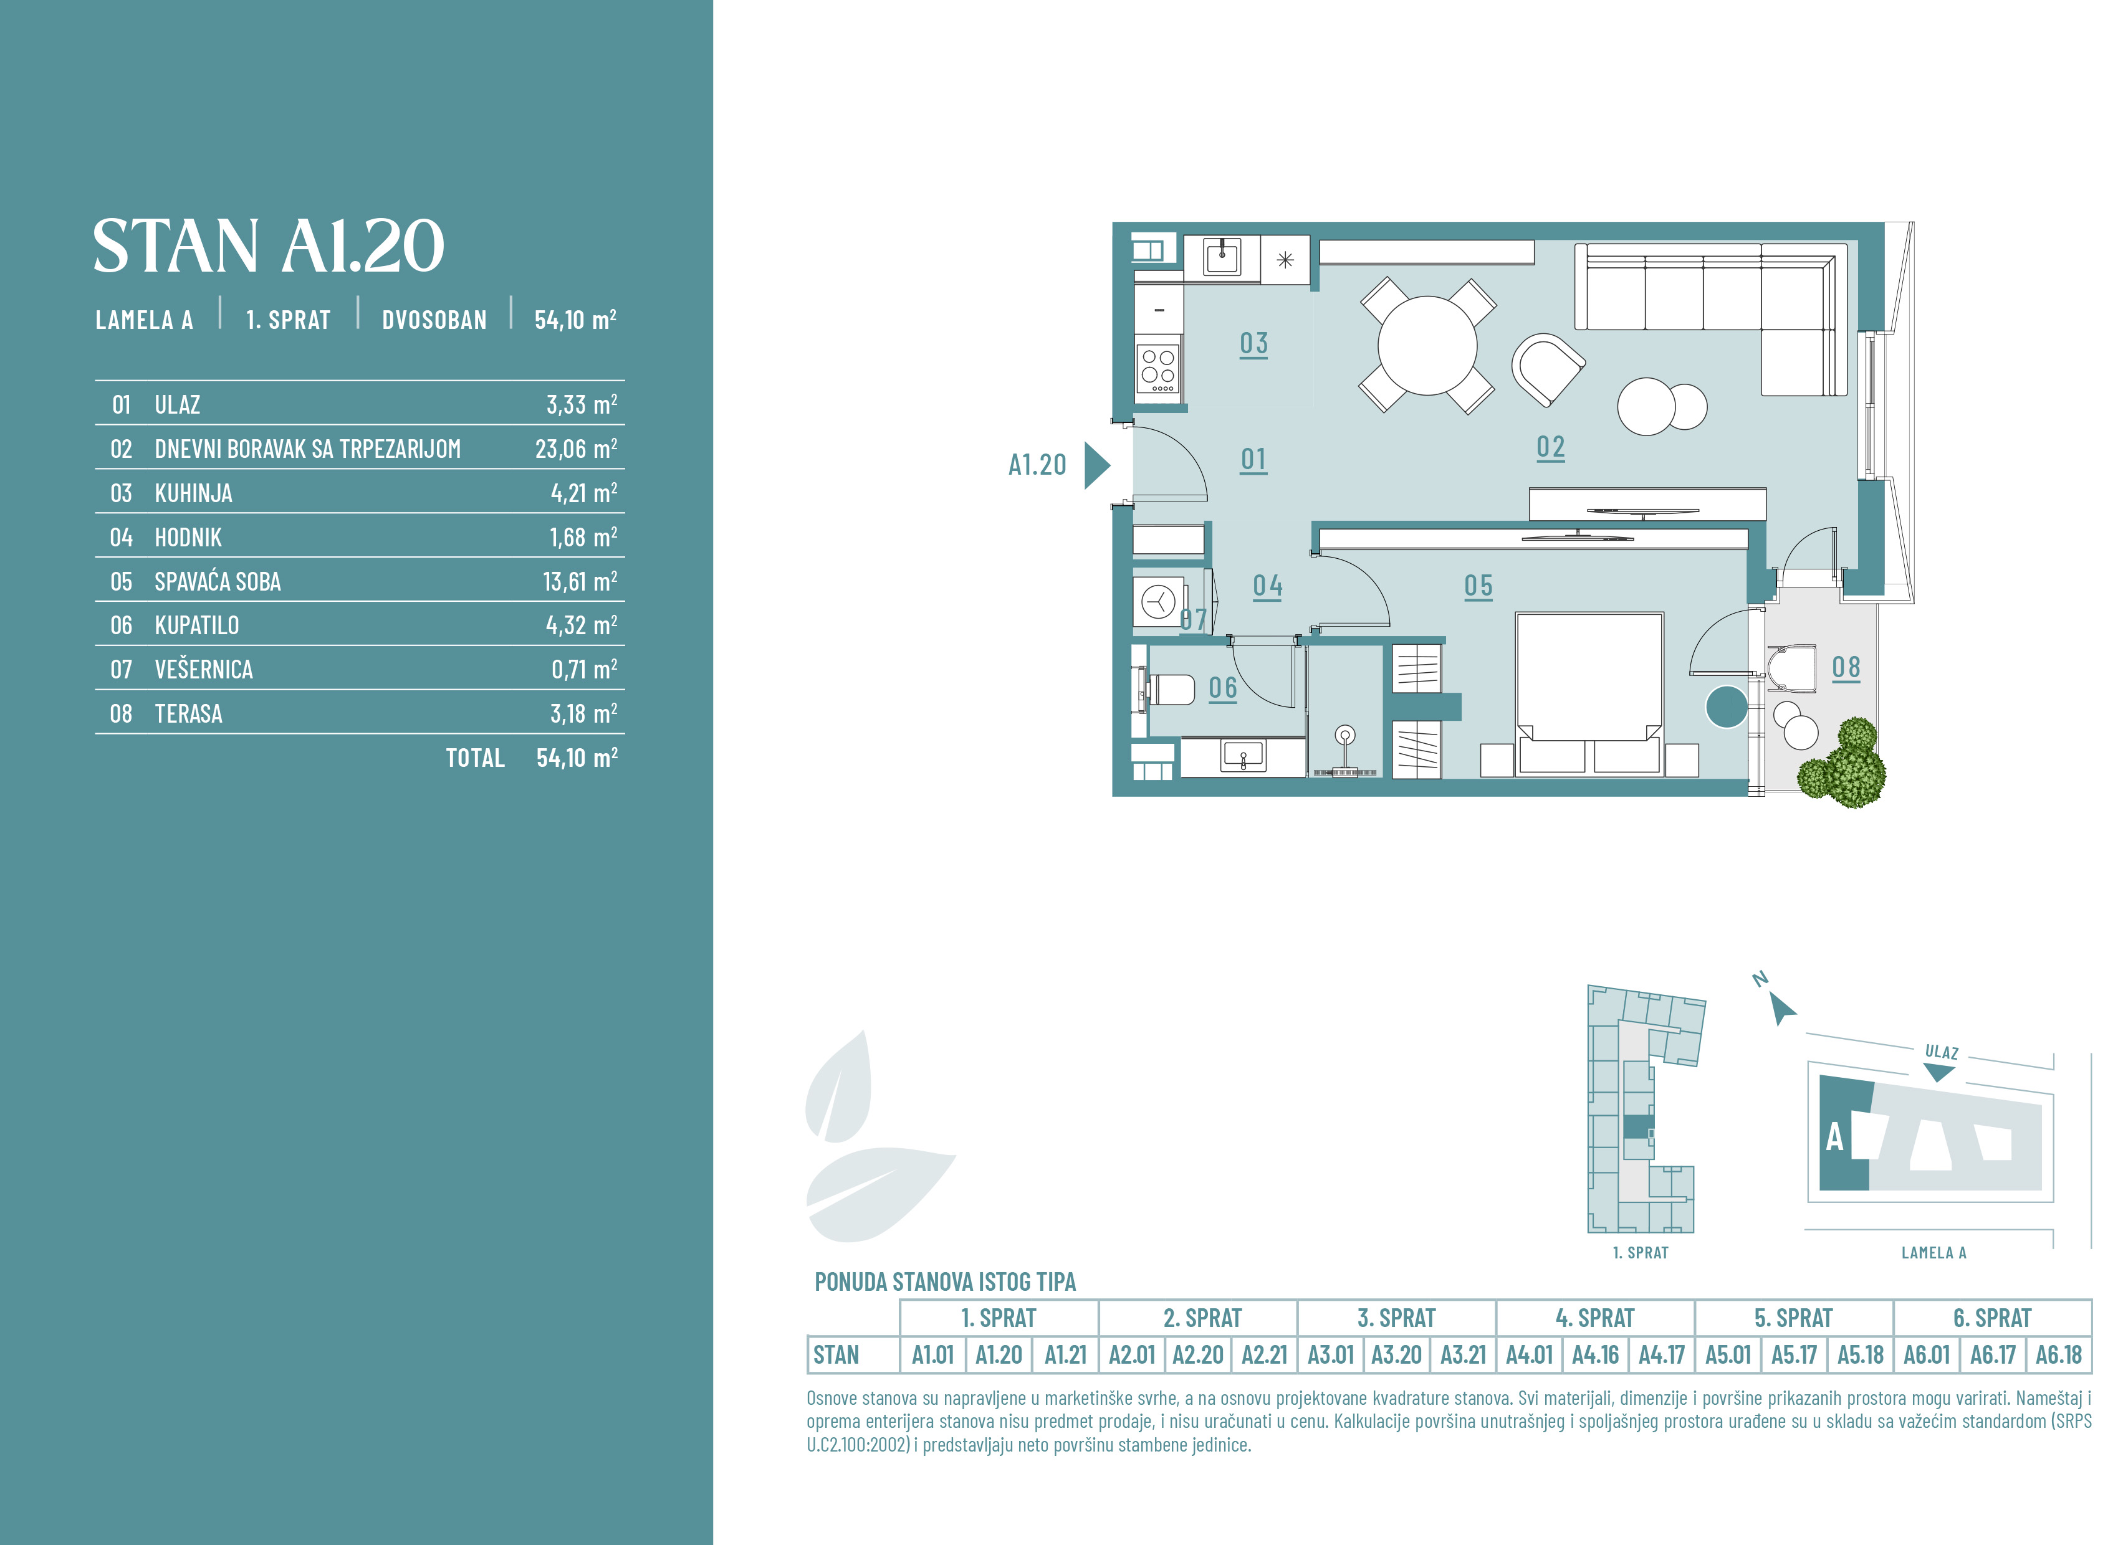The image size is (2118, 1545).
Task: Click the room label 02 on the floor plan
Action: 1550,447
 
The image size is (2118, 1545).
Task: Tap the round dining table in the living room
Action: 1427,345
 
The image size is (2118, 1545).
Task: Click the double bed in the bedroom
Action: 1588,693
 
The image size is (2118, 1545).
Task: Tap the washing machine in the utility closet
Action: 1159,601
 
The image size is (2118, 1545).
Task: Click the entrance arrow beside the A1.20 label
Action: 1096,465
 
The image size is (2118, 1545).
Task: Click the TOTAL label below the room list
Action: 475,758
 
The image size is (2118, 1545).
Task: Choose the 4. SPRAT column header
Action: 1594,1318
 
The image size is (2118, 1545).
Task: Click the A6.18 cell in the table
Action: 2058,1354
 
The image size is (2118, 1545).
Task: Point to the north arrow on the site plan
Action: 1781,1008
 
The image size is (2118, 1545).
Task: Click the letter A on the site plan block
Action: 1834,1137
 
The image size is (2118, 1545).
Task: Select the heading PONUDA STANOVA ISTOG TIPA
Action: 945,1281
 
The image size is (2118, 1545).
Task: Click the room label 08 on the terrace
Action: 1846,668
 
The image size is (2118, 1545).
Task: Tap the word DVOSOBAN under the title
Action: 434,320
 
